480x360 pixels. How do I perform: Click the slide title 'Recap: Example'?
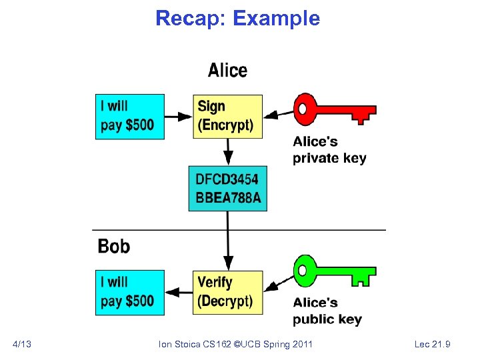click(x=237, y=18)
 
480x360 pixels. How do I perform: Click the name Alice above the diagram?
click(x=227, y=71)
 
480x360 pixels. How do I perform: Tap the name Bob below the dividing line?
click(x=114, y=246)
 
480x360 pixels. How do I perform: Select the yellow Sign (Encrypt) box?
click(x=227, y=116)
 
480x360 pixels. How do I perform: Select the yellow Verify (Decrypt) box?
click(x=227, y=291)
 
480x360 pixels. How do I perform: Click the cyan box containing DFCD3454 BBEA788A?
click(x=227, y=189)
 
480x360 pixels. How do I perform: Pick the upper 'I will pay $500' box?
click(x=130, y=116)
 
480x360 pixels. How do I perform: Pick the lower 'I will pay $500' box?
click(x=130, y=291)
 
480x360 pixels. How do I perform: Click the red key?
click(x=333, y=109)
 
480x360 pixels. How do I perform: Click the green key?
click(x=333, y=271)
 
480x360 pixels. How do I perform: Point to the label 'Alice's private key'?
click(x=329, y=150)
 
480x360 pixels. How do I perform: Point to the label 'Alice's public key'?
click(x=327, y=311)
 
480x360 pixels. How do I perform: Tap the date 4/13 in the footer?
click(x=22, y=344)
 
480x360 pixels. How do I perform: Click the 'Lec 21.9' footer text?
click(x=432, y=344)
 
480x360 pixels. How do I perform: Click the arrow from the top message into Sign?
click(x=178, y=116)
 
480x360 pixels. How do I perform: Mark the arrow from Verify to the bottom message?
click(x=178, y=291)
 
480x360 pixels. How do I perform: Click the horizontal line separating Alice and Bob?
click(x=240, y=230)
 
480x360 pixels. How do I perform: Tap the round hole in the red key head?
click(x=305, y=107)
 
